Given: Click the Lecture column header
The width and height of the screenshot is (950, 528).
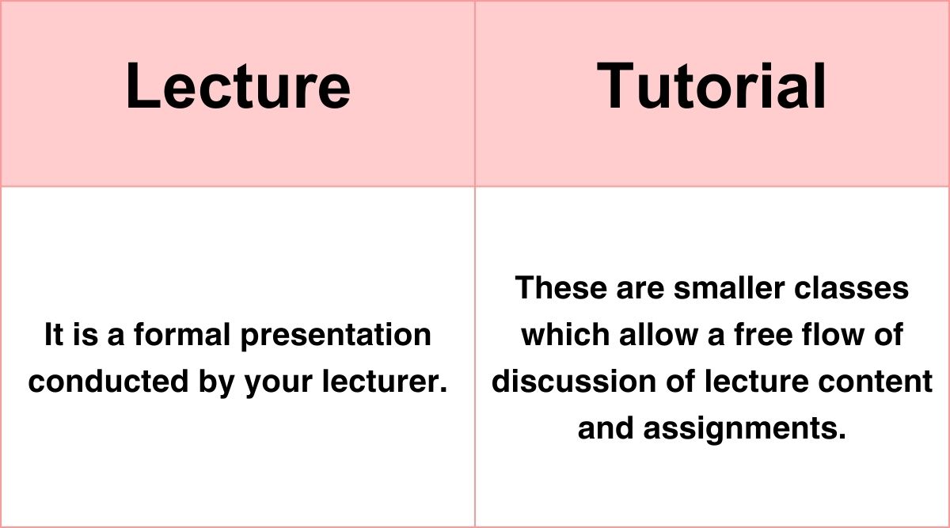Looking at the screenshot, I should pos(237,85).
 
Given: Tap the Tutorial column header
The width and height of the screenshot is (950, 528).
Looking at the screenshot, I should pos(712,85).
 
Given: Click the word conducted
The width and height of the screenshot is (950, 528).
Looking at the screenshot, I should pos(106,382).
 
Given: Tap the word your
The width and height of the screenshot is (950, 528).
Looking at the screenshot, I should pos(277,383).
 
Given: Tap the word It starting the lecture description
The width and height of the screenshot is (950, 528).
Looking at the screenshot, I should pos(53,335).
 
